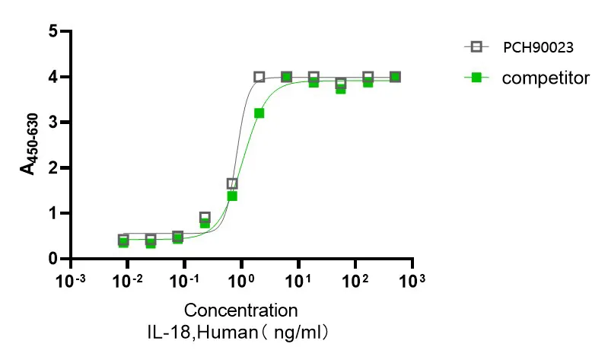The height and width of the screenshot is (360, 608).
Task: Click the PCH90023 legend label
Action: pyautogui.click(x=537, y=47)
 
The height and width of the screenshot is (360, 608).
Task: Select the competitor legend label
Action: pyautogui.click(x=546, y=77)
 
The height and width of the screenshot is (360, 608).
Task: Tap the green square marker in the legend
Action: pyautogui.click(x=477, y=77)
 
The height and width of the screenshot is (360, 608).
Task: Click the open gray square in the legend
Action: pyautogui.click(x=477, y=47)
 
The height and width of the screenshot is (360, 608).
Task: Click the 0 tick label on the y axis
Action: pyautogui.click(x=53, y=259)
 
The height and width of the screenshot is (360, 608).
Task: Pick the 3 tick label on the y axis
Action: pyautogui.click(x=53, y=122)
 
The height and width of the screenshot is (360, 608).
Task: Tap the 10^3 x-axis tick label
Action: pyautogui.click(x=412, y=282)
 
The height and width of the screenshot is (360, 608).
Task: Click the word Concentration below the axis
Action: pyautogui.click(x=240, y=311)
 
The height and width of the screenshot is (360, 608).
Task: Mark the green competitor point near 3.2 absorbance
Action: pyautogui.click(x=259, y=113)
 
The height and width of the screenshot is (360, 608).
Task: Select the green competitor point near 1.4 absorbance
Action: pyautogui.click(x=232, y=196)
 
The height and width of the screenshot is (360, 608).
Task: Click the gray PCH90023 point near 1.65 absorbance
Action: pyautogui.click(x=232, y=183)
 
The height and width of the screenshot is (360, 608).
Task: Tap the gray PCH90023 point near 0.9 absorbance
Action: pyautogui.click(x=205, y=218)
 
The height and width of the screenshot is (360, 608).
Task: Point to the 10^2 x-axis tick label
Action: pyautogui.click(x=355, y=282)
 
